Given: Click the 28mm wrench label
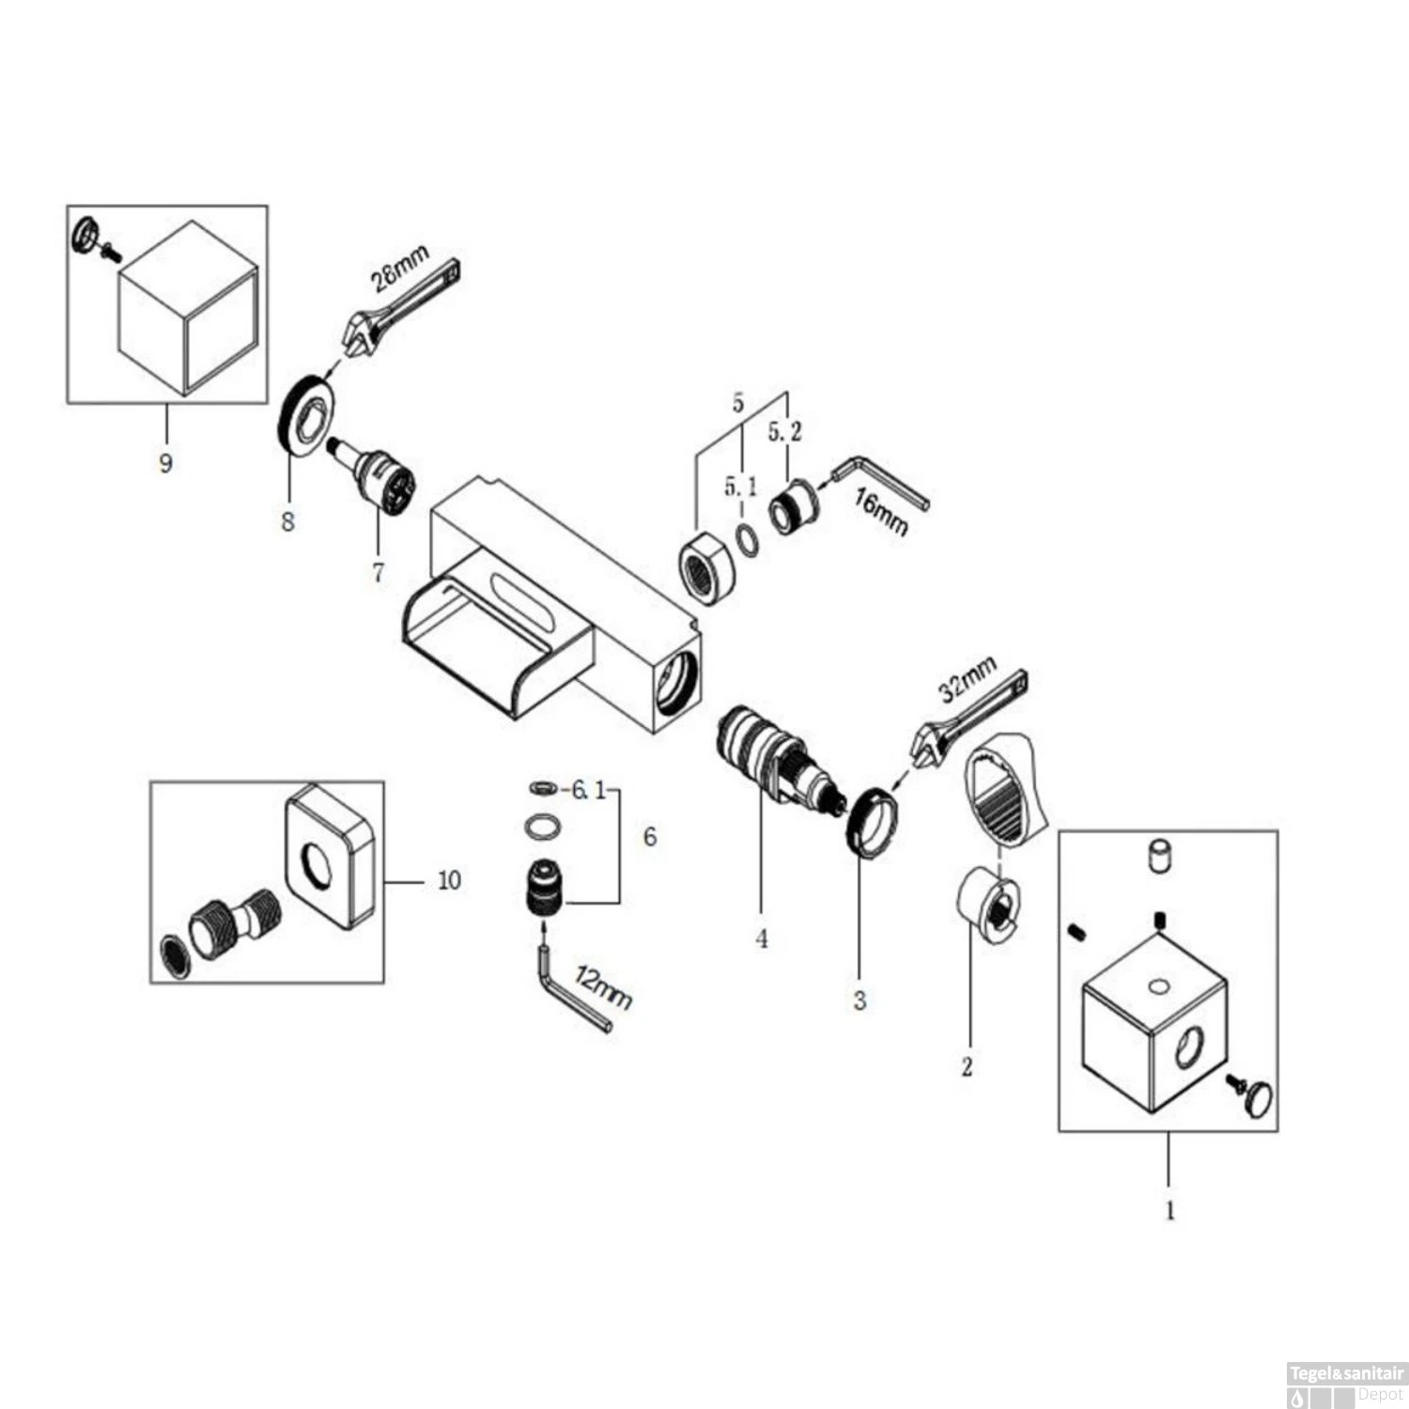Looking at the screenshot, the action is tap(400, 269).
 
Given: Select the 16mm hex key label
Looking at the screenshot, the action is tap(881, 513).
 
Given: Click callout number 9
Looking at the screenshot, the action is tap(166, 463).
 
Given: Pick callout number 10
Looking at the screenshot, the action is tap(449, 880).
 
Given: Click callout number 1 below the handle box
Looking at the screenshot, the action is tap(1169, 1211).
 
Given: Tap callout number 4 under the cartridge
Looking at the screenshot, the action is tap(762, 937).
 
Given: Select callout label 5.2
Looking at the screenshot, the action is tap(785, 433).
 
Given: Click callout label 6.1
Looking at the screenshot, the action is tap(588, 791).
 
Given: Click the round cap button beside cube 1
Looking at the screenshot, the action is tap(1256, 1096).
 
